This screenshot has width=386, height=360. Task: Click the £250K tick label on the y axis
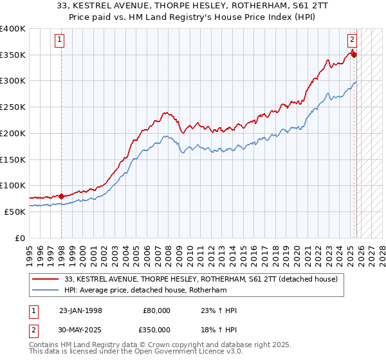click(13, 107)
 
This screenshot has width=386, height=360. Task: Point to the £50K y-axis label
click(15, 211)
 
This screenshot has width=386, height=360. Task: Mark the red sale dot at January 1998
click(61, 196)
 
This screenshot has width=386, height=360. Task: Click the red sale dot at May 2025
click(354, 55)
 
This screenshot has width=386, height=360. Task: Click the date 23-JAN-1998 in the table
click(80, 310)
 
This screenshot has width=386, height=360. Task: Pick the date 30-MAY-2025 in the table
click(80, 328)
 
